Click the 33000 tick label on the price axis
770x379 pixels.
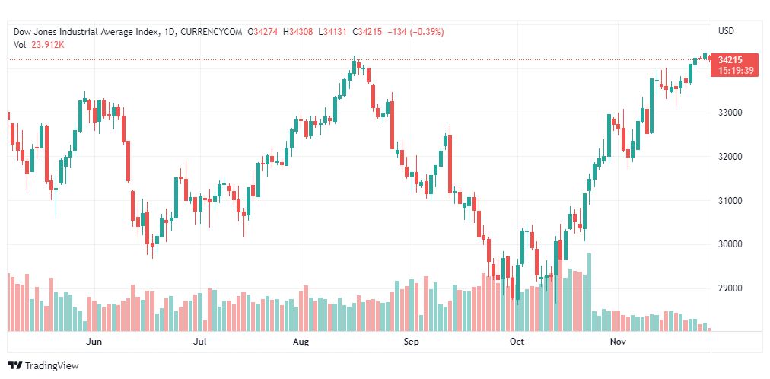tap(730, 113)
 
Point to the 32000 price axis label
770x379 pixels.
tap(730, 157)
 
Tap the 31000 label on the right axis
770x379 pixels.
tap(730, 201)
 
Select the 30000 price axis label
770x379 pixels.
tap(730, 245)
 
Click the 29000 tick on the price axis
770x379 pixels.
tap(730, 289)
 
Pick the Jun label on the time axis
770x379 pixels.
tap(94, 342)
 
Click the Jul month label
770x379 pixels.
tap(200, 342)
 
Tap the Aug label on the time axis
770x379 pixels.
tap(301, 342)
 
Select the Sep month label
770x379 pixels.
tap(411, 342)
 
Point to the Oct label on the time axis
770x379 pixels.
tap(517, 342)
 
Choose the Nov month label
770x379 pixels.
tap(618, 342)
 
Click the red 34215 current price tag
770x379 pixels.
tap(730, 59)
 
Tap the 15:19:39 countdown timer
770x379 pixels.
tap(734, 70)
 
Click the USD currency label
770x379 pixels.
tap(726, 31)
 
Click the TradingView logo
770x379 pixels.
tap(43, 366)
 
